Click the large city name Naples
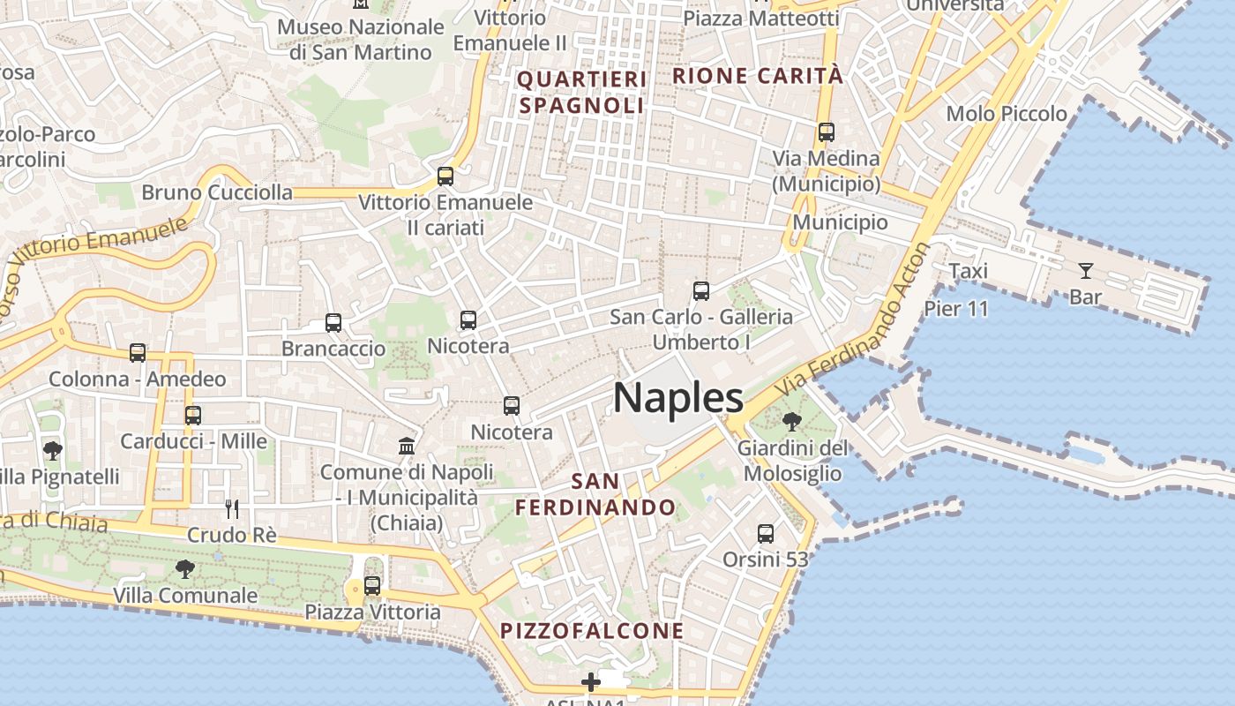(x=678, y=398)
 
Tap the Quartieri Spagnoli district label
(x=581, y=93)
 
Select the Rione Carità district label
(x=758, y=76)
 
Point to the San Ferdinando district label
(x=595, y=494)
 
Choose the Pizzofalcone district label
(x=592, y=631)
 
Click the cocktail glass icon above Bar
(x=1085, y=271)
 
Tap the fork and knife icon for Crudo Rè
(x=231, y=508)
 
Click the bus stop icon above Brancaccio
(x=333, y=323)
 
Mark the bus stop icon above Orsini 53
(x=766, y=534)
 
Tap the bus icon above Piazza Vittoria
(x=372, y=585)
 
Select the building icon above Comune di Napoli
(x=407, y=446)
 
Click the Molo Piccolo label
(x=1007, y=114)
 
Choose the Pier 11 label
(x=956, y=309)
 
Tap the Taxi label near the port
(x=968, y=271)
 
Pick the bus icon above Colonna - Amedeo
(x=138, y=353)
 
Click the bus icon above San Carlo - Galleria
(x=701, y=291)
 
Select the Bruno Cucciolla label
(x=217, y=192)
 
